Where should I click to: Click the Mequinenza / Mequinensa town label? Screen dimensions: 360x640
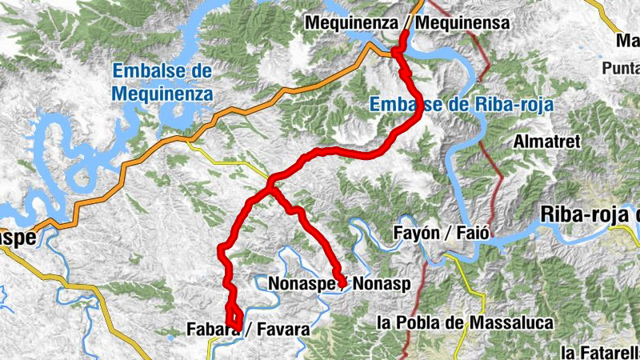(x=406, y=24)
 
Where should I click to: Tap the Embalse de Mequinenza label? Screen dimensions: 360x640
(x=162, y=82)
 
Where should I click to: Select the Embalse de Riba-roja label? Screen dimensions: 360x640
(x=462, y=105)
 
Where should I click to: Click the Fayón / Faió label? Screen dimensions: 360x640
(x=442, y=234)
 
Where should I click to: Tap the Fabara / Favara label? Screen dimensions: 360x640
(x=247, y=329)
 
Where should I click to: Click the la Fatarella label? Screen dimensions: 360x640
(x=600, y=352)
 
